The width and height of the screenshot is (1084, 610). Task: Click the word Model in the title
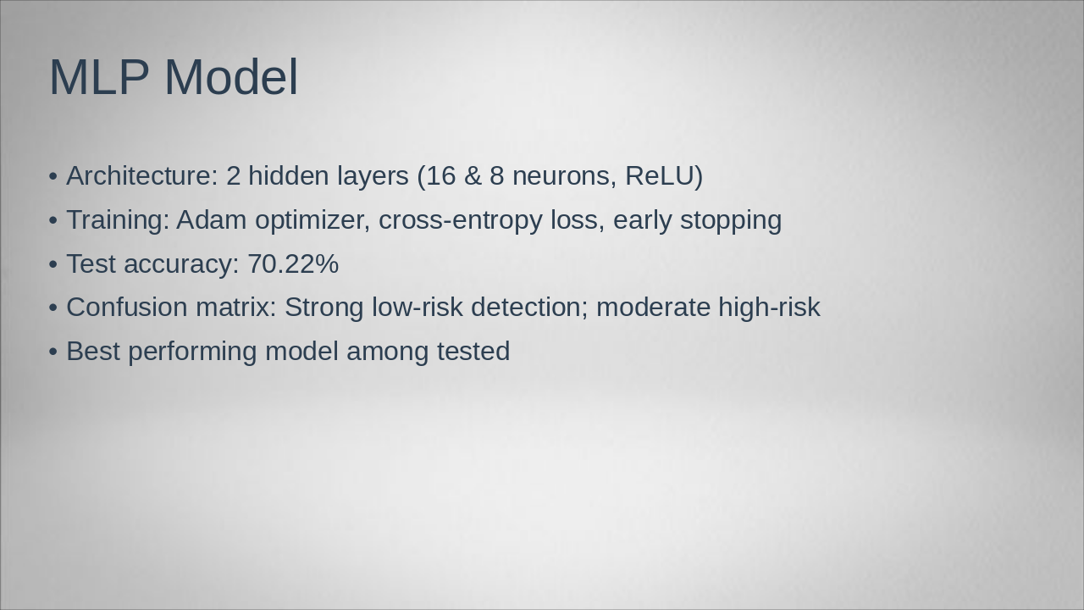tap(231, 76)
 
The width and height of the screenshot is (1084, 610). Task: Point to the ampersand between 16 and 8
tap(473, 175)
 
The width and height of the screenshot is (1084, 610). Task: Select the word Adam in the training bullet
tap(212, 219)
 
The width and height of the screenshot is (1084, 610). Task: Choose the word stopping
tap(731, 221)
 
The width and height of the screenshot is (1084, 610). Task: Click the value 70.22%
tap(293, 263)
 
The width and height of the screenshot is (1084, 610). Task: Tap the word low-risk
tap(418, 308)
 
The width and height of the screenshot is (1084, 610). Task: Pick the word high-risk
tap(769, 308)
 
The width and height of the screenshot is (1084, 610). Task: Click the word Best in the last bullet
tap(93, 351)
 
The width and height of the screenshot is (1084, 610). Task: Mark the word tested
tap(473, 351)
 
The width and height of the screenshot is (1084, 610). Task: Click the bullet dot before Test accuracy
tap(53, 265)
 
